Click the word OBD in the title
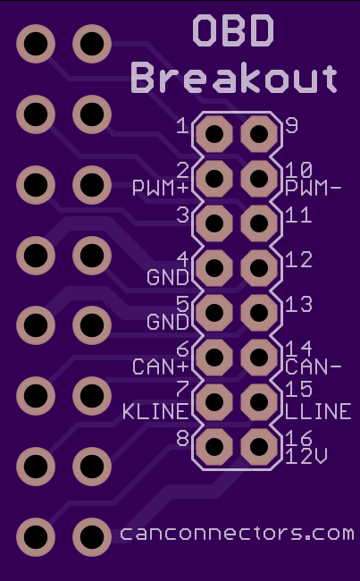click(x=233, y=30)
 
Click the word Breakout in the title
click(x=234, y=79)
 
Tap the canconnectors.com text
click(x=237, y=534)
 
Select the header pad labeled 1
click(x=214, y=134)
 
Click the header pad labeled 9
click(x=259, y=134)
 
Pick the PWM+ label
click(x=161, y=189)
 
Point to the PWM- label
click(x=313, y=189)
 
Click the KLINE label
click(x=155, y=412)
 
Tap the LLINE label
click(x=318, y=411)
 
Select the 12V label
click(x=306, y=458)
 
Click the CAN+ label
click(x=161, y=366)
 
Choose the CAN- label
click(x=313, y=366)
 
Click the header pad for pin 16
click(x=259, y=447)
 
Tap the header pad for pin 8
click(x=214, y=447)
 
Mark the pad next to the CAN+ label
click(x=214, y=358)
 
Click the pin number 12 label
click(x=298, y=260)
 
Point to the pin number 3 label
click(x=182, y=215)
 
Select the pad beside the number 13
click(x=259, y=313)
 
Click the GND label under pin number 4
click(x=168, y=277)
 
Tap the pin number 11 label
click(x=298, y=215)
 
